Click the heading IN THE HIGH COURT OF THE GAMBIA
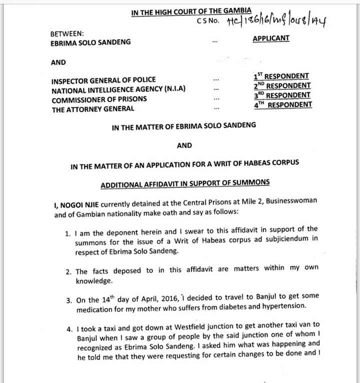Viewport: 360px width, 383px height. [x=191, y=11]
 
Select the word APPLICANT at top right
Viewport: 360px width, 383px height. [x=271, y=38]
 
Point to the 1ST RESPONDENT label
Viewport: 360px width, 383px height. [x=281, y=76]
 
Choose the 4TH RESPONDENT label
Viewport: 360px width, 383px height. [x=282, y=104]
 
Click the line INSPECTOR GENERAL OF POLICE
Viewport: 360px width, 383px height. [x=103, y=80]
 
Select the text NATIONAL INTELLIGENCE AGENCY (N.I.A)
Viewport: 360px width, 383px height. [x=118, y=89]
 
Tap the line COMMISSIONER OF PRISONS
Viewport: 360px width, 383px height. [x=99, y=99]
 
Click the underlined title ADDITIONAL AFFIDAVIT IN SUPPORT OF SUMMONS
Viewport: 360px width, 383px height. [x=185, y=184]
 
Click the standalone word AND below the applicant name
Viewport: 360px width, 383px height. [x=58, y=62]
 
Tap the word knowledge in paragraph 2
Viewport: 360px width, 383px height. [x=94, y=281]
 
